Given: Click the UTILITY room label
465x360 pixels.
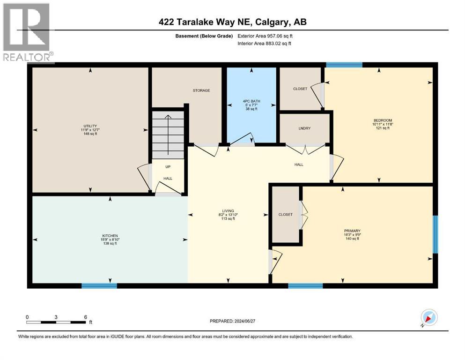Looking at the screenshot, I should point(90,126).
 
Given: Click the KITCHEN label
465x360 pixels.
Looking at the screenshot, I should point(110,235).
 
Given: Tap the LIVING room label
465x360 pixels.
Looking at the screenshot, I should point(228,211).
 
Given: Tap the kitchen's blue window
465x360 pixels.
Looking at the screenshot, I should point(99,285).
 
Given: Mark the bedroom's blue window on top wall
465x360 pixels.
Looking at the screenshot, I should point(344,65).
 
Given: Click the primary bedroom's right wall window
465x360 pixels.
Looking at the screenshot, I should point(435,234).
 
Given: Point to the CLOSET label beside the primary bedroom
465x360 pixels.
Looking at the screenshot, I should point(285,215).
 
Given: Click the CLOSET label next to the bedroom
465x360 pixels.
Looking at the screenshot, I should point(300,89).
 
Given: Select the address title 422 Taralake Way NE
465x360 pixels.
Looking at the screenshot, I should point(232,22).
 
